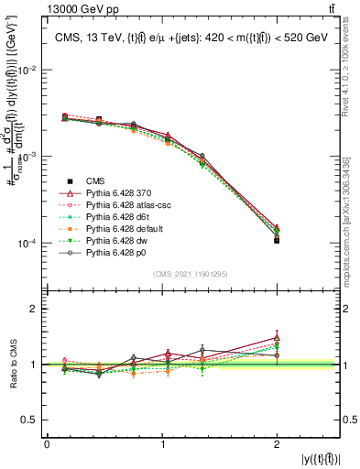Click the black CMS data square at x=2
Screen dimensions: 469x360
point(277,240)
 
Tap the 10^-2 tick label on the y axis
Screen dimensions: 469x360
point(27,71)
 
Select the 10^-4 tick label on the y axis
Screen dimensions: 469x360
point(27,244)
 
